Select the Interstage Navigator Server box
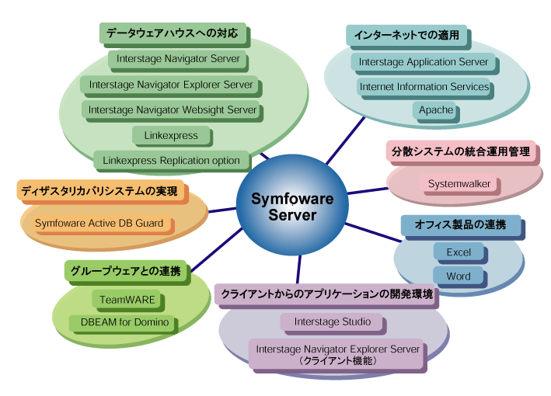coord(179,58)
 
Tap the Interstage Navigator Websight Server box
coord(172,110)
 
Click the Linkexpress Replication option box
coord(172,161)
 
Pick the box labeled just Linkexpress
coord(171,135)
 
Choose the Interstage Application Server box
coord(424,62)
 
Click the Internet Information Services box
coord(424,87)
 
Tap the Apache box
coord(436,110)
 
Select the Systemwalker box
coord(459,184)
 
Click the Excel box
coord(459,252)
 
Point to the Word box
coord(459,276)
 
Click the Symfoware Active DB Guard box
coord(99,224)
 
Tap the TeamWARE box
coord(127,299)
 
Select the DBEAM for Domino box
coord(125,321)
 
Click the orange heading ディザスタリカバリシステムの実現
coord(99,191)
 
